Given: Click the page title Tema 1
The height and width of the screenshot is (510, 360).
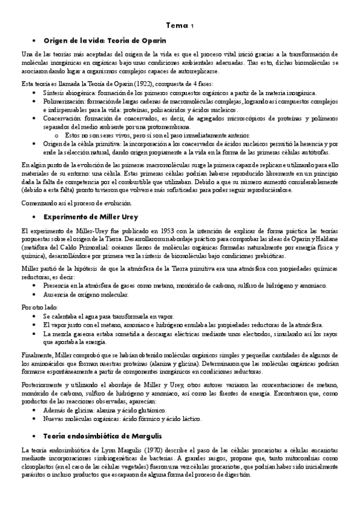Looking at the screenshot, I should (180, 25).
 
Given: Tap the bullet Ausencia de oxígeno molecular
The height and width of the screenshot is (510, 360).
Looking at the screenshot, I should (85, 294).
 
